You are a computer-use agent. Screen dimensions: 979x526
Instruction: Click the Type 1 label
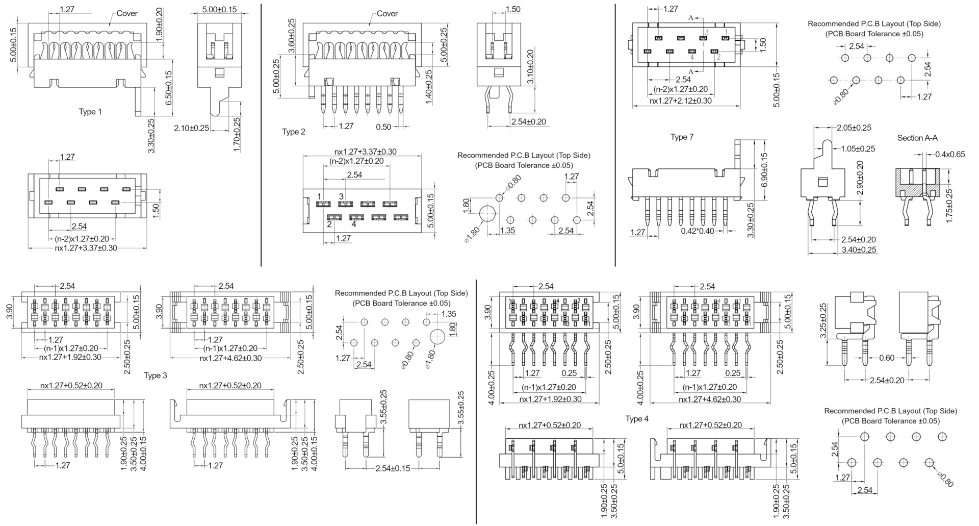[90, 112]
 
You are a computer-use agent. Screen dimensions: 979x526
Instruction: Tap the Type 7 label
[682, 137]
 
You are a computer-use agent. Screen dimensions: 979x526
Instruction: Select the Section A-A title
[917, 138]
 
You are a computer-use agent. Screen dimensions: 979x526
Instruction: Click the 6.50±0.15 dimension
[169, 88]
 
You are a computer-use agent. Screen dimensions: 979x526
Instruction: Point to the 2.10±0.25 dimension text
[192, 128]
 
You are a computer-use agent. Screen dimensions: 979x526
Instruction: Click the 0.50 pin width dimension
[384, 127]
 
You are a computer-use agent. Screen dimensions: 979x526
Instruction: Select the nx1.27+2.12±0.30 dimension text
[681, 101]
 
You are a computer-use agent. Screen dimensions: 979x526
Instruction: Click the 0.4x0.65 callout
[950, 154]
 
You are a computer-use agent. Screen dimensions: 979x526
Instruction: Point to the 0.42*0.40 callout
[698, 231]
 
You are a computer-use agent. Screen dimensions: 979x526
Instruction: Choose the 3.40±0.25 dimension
[859, 250]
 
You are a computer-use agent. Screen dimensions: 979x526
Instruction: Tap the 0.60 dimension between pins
[887, 358]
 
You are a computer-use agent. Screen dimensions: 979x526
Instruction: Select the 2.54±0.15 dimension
[393, 468]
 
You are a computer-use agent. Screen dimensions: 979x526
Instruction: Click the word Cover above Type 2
[387, 14]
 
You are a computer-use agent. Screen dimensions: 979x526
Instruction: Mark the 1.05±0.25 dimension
[858, 149]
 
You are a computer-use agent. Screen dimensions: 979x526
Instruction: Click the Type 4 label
[637, 419]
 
